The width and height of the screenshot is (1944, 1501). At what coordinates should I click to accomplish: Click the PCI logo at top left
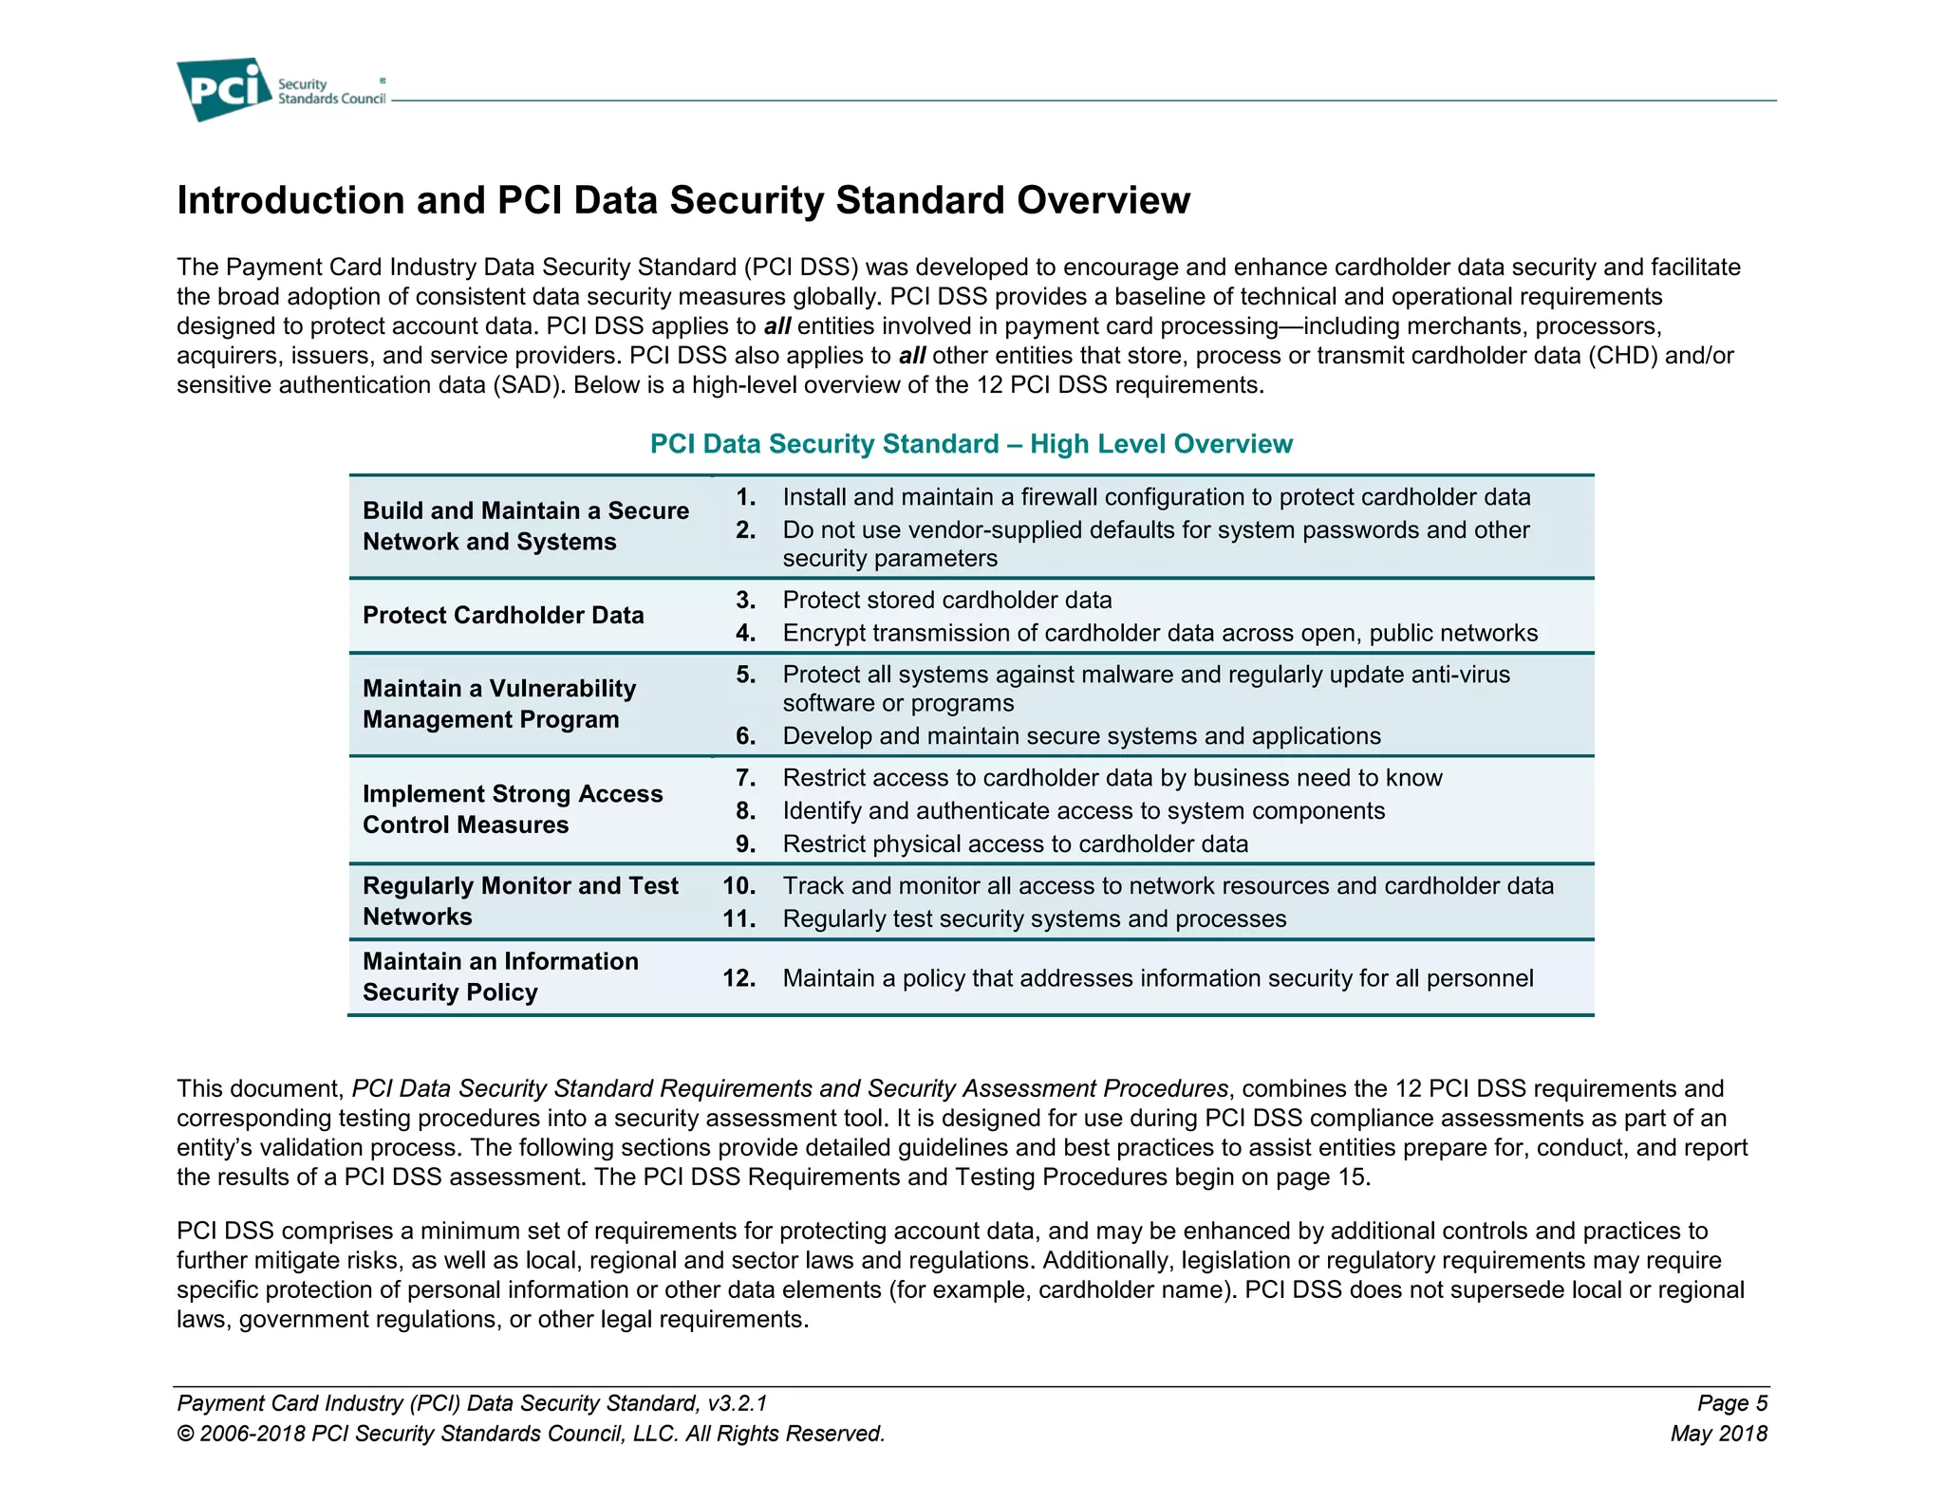click(x=224, y=89)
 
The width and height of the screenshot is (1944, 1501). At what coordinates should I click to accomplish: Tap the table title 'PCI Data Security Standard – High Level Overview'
click(x=970, y=444)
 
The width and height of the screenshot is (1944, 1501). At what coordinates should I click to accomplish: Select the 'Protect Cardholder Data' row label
click(x=503, y=616)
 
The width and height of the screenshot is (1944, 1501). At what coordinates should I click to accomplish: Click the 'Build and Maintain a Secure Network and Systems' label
click(x=525, y=527)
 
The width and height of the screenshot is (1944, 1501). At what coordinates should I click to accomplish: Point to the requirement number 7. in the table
click(x=746, y=778)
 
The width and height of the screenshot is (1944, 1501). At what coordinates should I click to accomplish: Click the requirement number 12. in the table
click(x=738, y=978)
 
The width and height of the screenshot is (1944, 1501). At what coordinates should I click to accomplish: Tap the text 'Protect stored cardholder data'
click(x=946, y=601)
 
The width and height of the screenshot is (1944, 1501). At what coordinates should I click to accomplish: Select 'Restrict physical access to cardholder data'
click(x=1015, y=844)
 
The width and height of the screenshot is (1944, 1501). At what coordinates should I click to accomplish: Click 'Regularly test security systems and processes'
click(x=1034, y=919)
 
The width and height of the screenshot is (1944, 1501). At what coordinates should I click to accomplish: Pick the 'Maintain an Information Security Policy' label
click(x=500, y=977)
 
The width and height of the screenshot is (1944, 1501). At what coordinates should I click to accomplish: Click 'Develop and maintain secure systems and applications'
click(x=1081, y=736)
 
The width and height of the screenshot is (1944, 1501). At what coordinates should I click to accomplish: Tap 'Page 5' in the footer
click(x=1731, y=1403)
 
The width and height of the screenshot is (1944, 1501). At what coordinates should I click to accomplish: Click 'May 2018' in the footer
click(x=1718, y=1434)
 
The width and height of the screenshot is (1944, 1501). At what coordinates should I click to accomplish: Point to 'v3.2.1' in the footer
click(x=737, y=1403)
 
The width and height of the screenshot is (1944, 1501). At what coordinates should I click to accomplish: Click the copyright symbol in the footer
click(x=185, y=1434)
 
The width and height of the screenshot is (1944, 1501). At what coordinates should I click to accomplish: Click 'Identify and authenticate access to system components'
click(x=1083, y=811)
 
